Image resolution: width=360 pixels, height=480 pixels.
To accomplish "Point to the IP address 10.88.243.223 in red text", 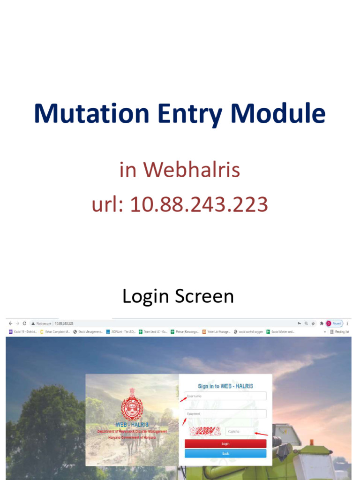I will [x=199, y=204].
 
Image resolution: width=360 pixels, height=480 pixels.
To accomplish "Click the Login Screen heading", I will [x=178, y=296].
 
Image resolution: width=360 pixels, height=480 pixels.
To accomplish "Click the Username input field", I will [x=225, y=396].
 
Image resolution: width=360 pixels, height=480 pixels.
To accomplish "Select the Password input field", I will [x=225, y=414].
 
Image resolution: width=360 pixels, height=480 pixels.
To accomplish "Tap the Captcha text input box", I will [x=240, y=431].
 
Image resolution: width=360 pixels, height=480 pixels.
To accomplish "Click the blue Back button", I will [x=225, y=454].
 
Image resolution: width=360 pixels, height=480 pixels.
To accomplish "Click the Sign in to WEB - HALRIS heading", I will [x=225, y=386].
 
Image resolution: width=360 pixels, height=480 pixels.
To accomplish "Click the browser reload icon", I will [x=24, y=323].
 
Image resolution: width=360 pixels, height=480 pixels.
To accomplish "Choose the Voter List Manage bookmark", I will [x=216, y=332].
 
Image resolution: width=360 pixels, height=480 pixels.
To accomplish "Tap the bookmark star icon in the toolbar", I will [x=313, y=323].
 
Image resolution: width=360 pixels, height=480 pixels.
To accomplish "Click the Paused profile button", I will [x=335, y=323].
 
